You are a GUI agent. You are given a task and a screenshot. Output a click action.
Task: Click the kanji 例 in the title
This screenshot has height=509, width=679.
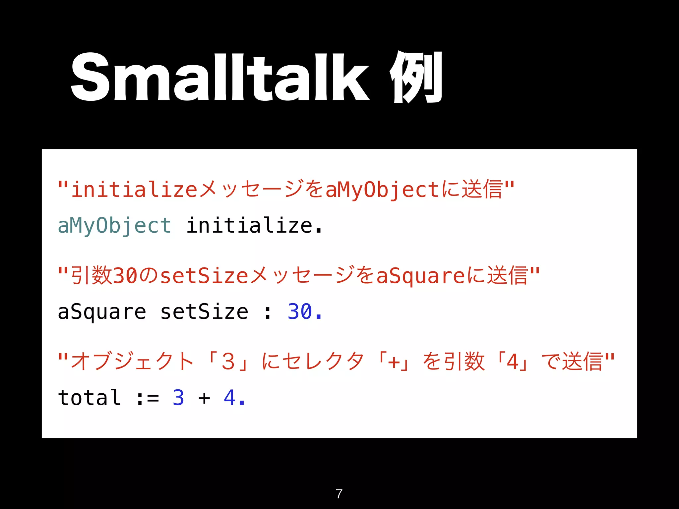click(416, 78)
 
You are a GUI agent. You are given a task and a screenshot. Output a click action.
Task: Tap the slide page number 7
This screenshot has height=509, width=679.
click(339, 494)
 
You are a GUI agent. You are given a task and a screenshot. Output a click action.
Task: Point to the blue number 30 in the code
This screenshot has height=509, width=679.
click(300, 312)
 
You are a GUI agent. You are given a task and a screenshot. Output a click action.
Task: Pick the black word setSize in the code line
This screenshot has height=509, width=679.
click(204, 312)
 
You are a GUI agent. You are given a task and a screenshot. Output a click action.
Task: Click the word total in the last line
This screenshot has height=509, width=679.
click(89, 398)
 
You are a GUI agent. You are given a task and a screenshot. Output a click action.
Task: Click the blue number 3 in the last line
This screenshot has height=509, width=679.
click(178, 398)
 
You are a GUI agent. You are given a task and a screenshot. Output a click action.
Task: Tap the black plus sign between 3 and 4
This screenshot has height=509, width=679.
click(204, 398)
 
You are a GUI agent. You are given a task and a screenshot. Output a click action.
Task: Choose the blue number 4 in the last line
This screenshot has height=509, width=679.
click(230, 398)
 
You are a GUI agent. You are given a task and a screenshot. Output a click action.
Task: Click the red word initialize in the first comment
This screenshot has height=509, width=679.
click(135, 190)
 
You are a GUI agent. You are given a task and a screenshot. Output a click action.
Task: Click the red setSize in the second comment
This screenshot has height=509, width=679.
click(204, 276)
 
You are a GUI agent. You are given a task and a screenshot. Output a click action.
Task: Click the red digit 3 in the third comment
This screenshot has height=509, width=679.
click(228, 362)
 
